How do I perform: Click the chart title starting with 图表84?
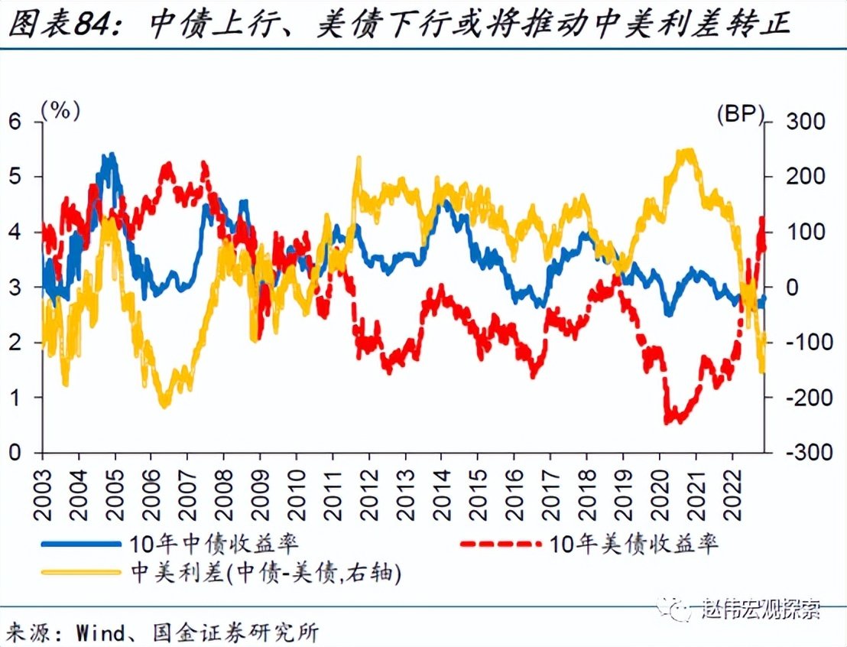[x=398, y=26]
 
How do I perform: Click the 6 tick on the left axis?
[x=15, y=122]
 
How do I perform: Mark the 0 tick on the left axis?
[x=15, y=452]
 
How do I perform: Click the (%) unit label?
[x=60, y=110]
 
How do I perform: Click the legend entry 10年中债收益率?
[x=214, y=544]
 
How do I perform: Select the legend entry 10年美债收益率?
[x=633, y=544]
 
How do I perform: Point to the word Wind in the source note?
[x=96, y=632]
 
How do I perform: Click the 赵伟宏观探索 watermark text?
[x=761, y=610]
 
